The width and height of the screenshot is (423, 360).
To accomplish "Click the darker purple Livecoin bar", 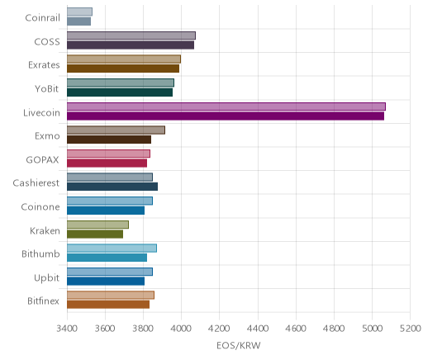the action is pyautogui.click(x=226, y=116).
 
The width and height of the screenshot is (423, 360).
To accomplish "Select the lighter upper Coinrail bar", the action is pyautogui.click(x=79, y=12).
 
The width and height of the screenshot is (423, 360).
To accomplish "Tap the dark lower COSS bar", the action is pyautogui.click(x=131, y=45).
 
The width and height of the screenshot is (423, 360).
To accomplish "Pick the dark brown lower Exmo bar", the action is pyautogui.click(x=109, y=140).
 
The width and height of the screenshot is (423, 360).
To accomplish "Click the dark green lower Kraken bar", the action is pyautogui.click(x=95, y=234).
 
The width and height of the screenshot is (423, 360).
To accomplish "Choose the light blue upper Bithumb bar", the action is pyautogui.click(x=112, y=248).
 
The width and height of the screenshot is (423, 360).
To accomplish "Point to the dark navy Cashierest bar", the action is pyautogui.click(x=112, y=187).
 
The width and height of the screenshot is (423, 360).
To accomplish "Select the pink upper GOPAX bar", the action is pyautogui.click(x=108, y=154).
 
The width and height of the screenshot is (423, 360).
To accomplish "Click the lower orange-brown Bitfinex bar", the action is pyautogui.click(x=108, y=305).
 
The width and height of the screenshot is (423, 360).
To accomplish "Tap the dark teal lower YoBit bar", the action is pyautogui.click(x=120, y=92).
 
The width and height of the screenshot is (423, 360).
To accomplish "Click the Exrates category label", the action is pyautogui.click(x=44, y=65).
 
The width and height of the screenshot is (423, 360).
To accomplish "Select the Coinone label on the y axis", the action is pyautogui.click(x=40, y=206).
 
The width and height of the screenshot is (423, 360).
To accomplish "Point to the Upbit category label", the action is pyautogui.click(x=46, y=277).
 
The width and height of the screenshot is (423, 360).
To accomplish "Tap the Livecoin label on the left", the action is pyautogui.click(x=41, y=112).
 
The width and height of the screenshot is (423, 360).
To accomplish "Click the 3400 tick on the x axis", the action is pyautogui.click(x=67, y=329).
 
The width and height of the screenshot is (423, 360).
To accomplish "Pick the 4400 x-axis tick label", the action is pyautogui.click(x=258, y=329).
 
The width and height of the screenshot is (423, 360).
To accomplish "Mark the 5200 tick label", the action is pyautogui.click(x=411, y=329).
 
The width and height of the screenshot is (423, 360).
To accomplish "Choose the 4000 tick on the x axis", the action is pyautogui.click(x=181, y=329).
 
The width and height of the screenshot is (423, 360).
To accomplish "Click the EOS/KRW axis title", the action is pyautogui.click(x=239, y=345).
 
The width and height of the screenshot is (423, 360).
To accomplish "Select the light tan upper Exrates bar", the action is pyautogui.click(x=124, y=59).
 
